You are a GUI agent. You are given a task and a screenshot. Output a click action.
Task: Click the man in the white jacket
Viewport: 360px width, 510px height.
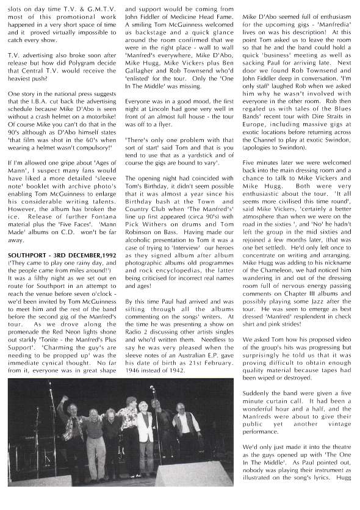pyautogui.click(x=145, y=427)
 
